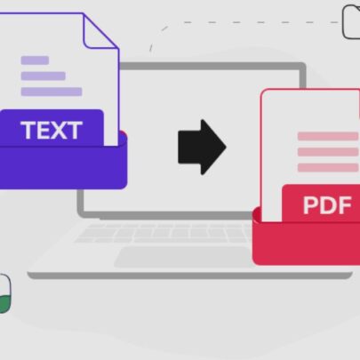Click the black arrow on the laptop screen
(202, 147)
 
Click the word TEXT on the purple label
(52, 130)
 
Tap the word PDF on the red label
(327, 205)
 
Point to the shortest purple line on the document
(35, 60)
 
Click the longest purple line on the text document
(52, 92)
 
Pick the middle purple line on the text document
(44, 76)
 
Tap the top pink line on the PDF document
(328, 136)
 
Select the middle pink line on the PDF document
(328, 152)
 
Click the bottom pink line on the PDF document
(328, 168)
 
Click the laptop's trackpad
(184, 257)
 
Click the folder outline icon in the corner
(351, 22)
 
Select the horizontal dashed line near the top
(260, 22)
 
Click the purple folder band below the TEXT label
(63, 167)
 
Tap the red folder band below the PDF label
(306, 243)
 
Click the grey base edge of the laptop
(189, 276)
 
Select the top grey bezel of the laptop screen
(212, 66)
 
